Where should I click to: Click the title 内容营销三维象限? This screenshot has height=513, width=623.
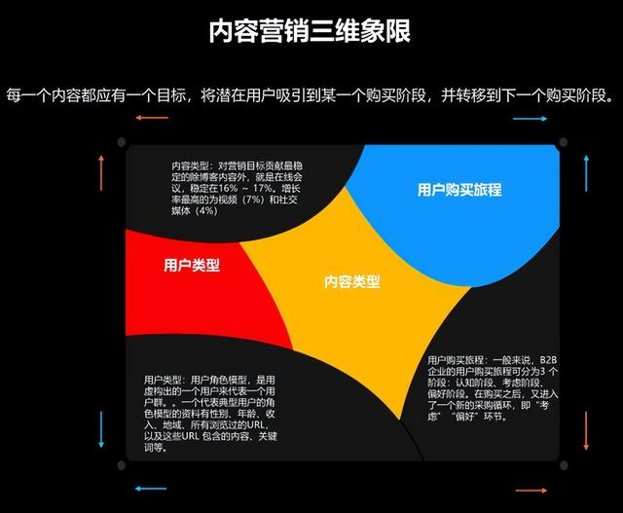(311, 31)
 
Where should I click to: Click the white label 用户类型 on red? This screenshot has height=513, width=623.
(192, 265)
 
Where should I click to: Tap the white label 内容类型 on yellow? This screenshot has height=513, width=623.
(351, 281)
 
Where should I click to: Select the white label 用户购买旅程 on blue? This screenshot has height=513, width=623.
(458, 190)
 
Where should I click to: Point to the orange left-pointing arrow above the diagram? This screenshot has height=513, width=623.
(152, 118)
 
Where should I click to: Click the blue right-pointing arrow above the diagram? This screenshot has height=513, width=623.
(531, 119)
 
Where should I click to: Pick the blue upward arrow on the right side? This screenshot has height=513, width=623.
(587, 171)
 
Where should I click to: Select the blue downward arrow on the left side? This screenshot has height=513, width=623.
(101, 429)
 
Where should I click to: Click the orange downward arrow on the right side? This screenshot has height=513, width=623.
(587, 429)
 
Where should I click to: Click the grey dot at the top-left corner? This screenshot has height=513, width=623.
(122, 143)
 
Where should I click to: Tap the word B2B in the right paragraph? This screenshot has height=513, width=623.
(551, 359)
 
